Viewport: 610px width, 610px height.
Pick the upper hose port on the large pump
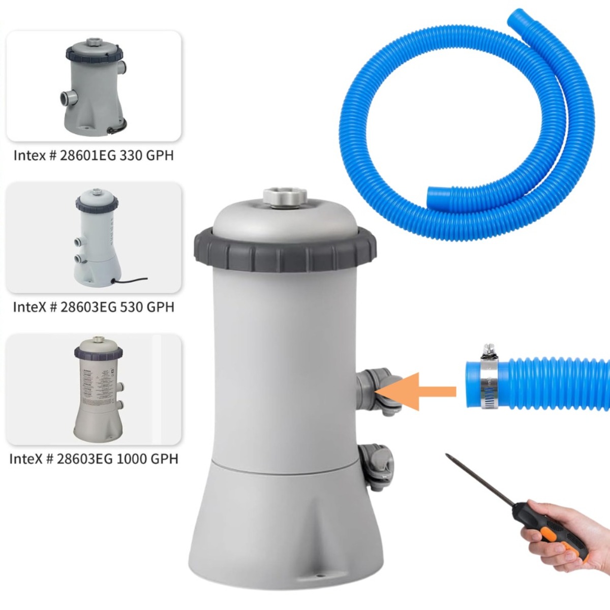[x=378, y=391]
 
